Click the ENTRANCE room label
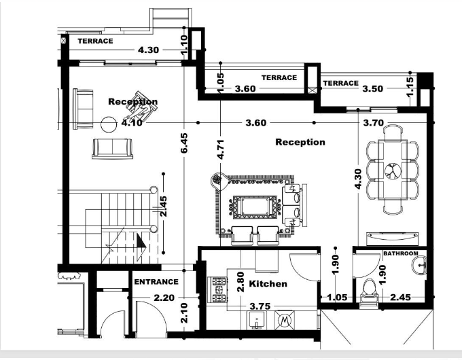[156, 282]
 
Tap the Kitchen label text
[268, 283]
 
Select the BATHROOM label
[402, 253]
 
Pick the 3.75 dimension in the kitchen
[261, 306]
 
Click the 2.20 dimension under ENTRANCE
[164, 297]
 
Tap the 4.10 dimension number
[132, 123]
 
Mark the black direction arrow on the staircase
[141, 242]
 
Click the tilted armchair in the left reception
[145, 100]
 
